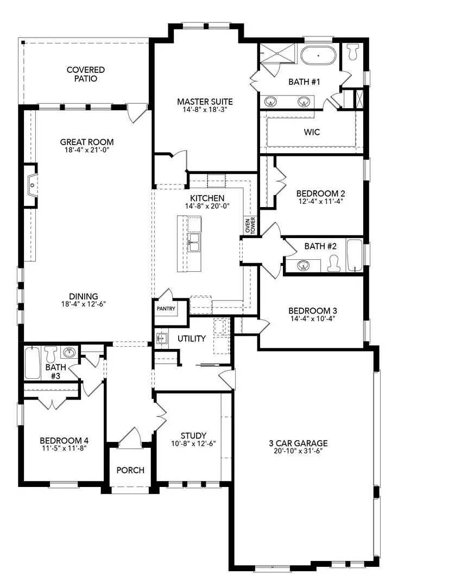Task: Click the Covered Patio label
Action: pyautogui.click(x=86, y=74)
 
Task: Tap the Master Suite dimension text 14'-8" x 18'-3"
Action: pyautogui.click(x=205, y=110)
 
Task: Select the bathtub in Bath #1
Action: pyautogui.click(x=319, y=57)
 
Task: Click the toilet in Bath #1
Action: pyautogui.click(x=353, y=52)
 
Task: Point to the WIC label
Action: pyautogui.click(x=311, y=132)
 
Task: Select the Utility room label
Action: pyautogui.click(x=192, y=339)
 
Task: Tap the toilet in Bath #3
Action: pyautogui.click(x=51, y=354)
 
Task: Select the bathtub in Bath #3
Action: pyautogui.click(x=32, y=363)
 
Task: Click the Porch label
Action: pyautogui.click(x=130, y=470)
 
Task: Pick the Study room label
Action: pyautogui.click(x=193, y=435)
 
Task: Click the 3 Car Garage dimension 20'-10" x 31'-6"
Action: pyautogui.click(x=298, y=451)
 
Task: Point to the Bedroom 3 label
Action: pyautogui.click(x=312, y=311)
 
